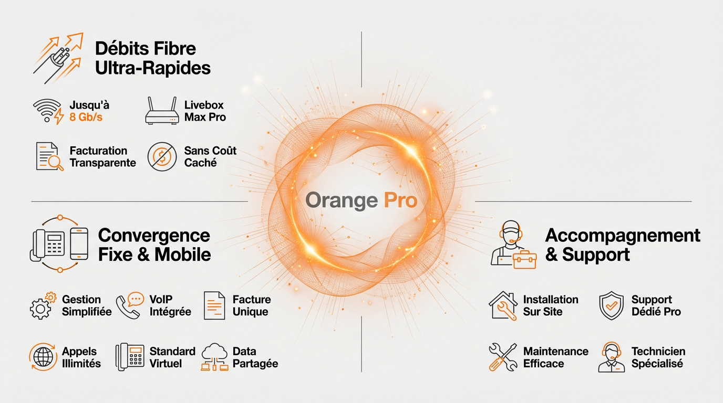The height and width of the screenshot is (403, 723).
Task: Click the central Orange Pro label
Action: pos(361,200)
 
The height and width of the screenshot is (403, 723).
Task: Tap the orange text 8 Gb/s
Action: pos(86,117)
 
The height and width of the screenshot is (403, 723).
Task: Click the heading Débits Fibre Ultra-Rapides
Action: pos(152,58)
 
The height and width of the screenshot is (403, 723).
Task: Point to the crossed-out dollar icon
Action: pos(162,156)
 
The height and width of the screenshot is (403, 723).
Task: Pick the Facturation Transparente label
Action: pos(102,157)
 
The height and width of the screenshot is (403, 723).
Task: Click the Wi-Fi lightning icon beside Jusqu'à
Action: pos(48,111)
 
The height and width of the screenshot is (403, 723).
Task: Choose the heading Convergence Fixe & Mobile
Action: pos(154,245)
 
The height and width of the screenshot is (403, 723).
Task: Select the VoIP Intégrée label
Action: pos(170,305)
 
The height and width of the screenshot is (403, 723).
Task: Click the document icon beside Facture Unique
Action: pos(214,305)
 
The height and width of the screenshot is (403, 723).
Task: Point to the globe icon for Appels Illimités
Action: pos(43,357)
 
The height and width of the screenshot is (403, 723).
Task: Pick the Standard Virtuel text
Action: pos(172,357)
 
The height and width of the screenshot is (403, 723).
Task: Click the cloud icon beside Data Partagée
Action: pos(214,357)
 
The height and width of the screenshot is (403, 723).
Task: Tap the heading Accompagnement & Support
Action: pos(622,245)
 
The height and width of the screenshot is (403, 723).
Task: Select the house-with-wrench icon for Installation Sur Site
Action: pos(503,306)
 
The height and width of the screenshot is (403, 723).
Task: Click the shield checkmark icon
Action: pos(611,306)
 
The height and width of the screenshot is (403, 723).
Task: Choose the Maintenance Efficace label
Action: pos(555,357)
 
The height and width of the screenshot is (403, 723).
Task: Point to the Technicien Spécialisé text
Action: pos(658,357)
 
